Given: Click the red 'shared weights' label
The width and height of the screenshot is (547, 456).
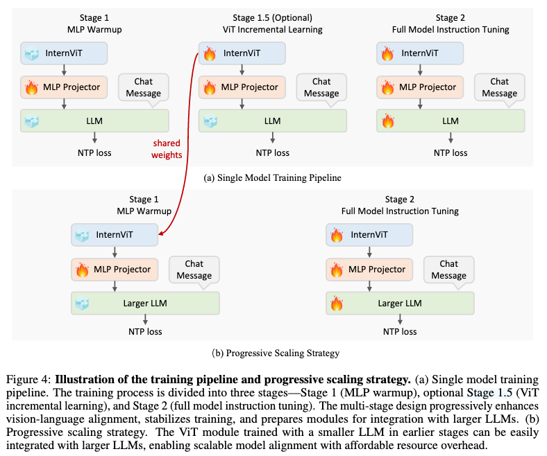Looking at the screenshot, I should (167, 149).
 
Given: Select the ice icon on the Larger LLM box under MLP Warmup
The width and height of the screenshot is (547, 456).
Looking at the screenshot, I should (82, 303).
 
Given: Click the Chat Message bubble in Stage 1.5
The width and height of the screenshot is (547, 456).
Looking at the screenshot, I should (321, 88).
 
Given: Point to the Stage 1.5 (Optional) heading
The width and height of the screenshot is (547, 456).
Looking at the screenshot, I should (273, 17).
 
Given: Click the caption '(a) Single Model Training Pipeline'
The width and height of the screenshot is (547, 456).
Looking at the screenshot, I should (272, 178).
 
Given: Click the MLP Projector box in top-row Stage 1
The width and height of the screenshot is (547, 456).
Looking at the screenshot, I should (65, 87).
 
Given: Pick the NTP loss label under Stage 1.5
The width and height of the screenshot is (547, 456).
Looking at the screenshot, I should (273, 152).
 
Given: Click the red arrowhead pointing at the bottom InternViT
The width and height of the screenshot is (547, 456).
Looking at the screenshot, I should (162, 235).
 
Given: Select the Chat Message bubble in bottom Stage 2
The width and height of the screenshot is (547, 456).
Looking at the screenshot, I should (448, 270).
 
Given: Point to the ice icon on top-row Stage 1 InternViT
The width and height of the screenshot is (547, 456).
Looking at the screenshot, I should (31, 53).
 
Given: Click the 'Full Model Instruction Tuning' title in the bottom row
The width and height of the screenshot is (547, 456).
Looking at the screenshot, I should (401, 211).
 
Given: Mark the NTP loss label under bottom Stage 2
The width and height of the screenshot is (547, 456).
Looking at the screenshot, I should (401, 331).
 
